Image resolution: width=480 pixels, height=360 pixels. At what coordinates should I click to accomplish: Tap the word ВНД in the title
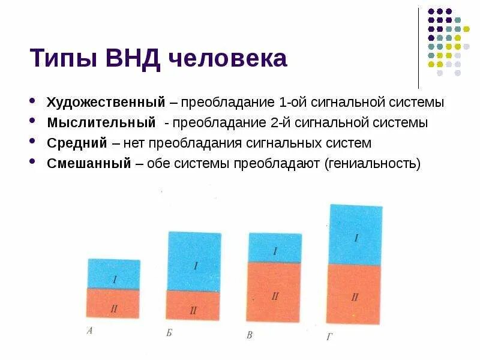coord(134,59)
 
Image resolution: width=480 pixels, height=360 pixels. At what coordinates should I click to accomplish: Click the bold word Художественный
coord(106,102)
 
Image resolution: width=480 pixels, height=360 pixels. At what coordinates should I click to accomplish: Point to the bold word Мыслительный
coord(101,123)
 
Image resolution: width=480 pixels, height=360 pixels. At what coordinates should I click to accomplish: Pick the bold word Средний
coord(77,143)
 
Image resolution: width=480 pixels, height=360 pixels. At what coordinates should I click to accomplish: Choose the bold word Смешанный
coord(89,164)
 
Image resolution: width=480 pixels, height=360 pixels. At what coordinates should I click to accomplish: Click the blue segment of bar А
coord(114,273)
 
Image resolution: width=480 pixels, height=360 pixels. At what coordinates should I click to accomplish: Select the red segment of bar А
coord(114,304)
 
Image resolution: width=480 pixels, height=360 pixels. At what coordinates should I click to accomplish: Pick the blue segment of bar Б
coord(194,261)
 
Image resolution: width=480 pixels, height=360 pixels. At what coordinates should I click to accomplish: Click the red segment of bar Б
coord(194,305)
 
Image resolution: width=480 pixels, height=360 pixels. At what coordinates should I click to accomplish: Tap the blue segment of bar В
coord(275,247)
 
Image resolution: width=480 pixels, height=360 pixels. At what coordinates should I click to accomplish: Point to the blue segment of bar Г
coord(355,234)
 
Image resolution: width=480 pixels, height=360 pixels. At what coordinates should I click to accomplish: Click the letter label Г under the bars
coord(329,337)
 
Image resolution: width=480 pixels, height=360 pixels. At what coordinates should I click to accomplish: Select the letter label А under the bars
coord(89,330)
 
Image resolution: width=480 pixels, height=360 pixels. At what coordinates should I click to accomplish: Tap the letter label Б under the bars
coord(169,332)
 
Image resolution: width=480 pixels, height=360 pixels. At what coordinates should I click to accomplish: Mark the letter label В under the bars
coord(250,335)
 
